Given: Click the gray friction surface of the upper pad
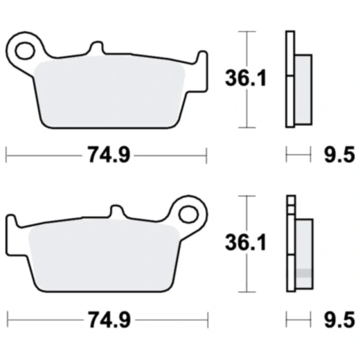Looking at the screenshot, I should point(111,93).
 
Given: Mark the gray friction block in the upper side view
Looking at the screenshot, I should point(303,83).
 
